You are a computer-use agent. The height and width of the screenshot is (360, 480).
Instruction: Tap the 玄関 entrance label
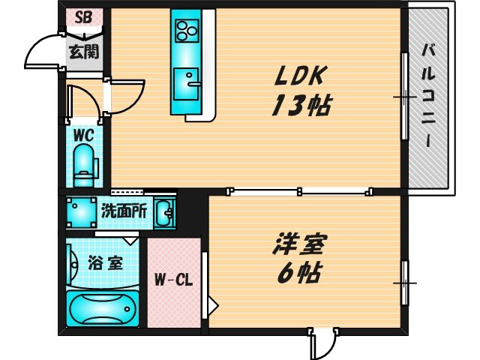[82, 52]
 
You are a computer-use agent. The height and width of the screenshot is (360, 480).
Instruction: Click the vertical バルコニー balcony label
[429, 97]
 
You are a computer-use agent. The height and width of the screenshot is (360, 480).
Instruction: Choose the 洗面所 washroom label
[124, 211]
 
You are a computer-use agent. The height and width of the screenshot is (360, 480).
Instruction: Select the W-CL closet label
[174, 281]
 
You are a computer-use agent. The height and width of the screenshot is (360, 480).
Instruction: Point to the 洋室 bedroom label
[301, 243]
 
